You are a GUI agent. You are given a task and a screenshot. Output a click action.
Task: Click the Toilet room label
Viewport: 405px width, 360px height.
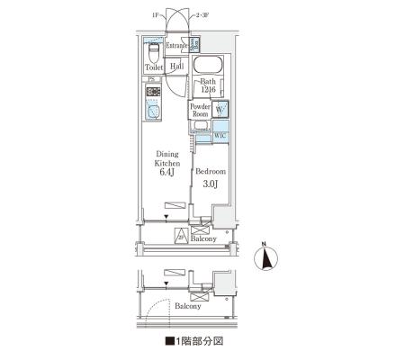[x=154, y=67]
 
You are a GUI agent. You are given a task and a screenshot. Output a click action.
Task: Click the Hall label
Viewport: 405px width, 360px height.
[x=177, y=67]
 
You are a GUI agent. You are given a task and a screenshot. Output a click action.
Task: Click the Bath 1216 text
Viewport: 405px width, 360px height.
[x=209, y=86]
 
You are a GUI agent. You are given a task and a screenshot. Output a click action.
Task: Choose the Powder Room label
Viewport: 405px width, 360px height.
[x=200, y=111]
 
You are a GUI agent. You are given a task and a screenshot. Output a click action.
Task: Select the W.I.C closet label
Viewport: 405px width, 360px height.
[x=220, y=135]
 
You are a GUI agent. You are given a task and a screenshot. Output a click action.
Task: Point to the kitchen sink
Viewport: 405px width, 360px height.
[x=152, y=113]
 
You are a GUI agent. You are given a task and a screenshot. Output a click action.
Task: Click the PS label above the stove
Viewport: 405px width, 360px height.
[x=150, y=80]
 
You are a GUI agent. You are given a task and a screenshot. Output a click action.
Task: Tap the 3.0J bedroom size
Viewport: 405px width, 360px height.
[x=210, y=184]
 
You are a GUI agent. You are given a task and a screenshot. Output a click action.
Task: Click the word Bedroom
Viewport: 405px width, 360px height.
[x=210, y=170]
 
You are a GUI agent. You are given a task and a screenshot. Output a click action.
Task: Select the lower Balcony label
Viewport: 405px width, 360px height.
[x=188, y=306]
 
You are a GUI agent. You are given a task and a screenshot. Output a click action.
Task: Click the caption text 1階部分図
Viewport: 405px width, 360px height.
[x=194, y=342]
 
